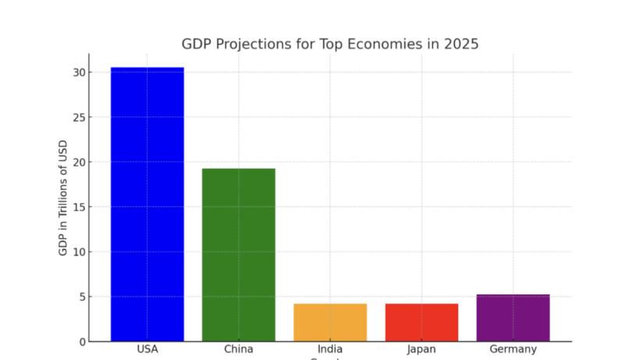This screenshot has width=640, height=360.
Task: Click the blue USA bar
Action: [147, 204]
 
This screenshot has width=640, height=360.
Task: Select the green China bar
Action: [239, 255]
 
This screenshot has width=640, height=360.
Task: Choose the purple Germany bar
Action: [513, 318]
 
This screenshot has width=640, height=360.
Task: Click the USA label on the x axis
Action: [147, 350]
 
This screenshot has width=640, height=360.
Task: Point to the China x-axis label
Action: [239, 350]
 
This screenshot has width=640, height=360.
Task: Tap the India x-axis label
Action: [330, 350]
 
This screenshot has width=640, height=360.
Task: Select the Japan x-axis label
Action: [421, 350]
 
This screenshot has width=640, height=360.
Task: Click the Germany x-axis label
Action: [513, 350]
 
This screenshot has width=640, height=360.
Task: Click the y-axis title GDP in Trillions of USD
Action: [62, 198]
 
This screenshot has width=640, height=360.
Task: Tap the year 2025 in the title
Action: [460, 45]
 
